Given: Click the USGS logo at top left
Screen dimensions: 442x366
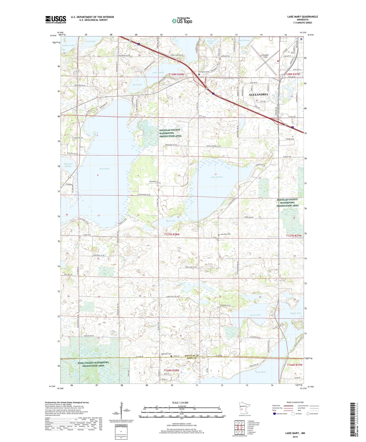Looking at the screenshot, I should [x=56, y=19].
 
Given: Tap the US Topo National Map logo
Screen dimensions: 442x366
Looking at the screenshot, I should [x=182, y=21].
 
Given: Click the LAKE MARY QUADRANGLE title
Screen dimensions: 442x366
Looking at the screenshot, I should [x=302, y=17].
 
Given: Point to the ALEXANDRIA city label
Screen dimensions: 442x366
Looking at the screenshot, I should [x=258, y=94].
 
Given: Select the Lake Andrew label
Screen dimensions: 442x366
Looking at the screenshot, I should [x=217, y=177].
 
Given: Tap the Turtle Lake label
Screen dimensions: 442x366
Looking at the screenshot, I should [x=255, y=315].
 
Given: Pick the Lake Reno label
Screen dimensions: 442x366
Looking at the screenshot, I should [x=261, y=372].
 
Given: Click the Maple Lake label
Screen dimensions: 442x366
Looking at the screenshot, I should [x=296, y=313].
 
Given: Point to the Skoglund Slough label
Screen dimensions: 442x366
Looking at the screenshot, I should [x=68, y=165].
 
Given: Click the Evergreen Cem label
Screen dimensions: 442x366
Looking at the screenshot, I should [x=206, y=72].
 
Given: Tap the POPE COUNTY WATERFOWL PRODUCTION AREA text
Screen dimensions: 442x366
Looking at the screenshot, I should [x=93, y=364].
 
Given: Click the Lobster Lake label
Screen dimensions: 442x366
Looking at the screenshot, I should [x=68, y=45].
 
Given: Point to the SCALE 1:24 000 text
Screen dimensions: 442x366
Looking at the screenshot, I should [x=180, y=403].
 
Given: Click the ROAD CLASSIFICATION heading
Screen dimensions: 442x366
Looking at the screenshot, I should [x=295, y=402].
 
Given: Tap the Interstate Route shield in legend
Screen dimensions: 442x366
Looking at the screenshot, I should [x=275, y=414].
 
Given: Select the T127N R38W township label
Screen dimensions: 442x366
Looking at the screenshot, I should [x=172, y=234].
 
